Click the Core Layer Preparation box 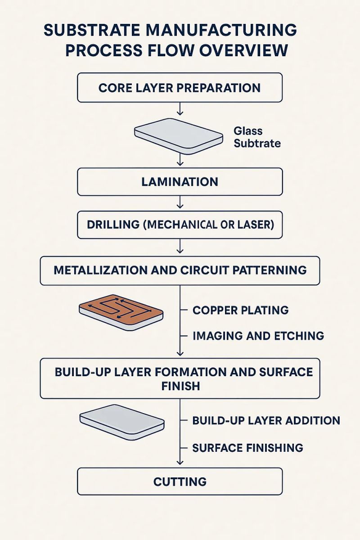coord(180,87)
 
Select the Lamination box coord(180,182)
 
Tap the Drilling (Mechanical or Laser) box coord(180,224)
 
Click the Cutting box coord(180,481)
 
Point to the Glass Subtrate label coord(257,137)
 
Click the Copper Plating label coord(240,310)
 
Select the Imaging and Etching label coord(258,335)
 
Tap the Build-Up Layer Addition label coord(265,420)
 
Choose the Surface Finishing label coord(247,448)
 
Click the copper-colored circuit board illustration coord(121,311)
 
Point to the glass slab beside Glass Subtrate coord(179,135)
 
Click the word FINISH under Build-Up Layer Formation coord(180,386)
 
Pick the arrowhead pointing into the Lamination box coord(180,164)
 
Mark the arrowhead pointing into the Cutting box coord(180,463)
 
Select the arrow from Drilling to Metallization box coord(180,246)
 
